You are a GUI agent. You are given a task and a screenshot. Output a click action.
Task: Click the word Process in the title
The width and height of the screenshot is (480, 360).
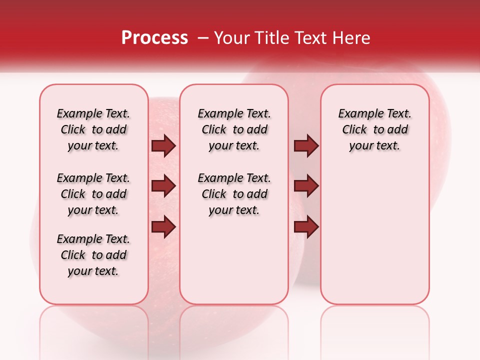[x=154, y=38]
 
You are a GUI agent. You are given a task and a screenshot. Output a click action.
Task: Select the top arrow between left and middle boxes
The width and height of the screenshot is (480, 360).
[x=163, y=146]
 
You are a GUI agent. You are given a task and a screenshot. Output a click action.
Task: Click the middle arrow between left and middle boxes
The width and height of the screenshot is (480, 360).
[x=163, y=186]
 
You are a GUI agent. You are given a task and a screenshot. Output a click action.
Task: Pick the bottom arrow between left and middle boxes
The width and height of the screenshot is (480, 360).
[x=163, y=226]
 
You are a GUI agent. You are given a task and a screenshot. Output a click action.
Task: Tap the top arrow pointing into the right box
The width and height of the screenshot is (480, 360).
[x=306, y=146]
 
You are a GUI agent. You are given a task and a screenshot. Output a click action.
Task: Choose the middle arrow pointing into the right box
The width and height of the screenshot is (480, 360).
[x=306, y=186]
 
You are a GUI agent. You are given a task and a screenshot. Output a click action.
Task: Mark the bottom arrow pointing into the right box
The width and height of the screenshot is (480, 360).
[x=306, y=226]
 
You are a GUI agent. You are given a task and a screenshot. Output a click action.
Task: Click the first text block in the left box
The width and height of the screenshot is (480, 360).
[x=93, y=129]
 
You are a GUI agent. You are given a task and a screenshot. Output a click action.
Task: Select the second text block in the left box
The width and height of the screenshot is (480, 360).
[x=93, y=194]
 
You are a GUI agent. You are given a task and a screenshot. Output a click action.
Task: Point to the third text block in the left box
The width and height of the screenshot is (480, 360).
[x=93, y=255]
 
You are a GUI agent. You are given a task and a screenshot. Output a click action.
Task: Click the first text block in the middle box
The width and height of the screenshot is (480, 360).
[x=234, y=129]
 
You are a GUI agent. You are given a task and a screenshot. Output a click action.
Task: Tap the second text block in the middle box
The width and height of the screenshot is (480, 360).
[x=234, y=194]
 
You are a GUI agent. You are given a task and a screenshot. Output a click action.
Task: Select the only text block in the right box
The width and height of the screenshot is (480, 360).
[x=375, y=129]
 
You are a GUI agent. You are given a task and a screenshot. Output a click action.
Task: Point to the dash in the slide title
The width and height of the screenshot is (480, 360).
[x=202, y=38]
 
